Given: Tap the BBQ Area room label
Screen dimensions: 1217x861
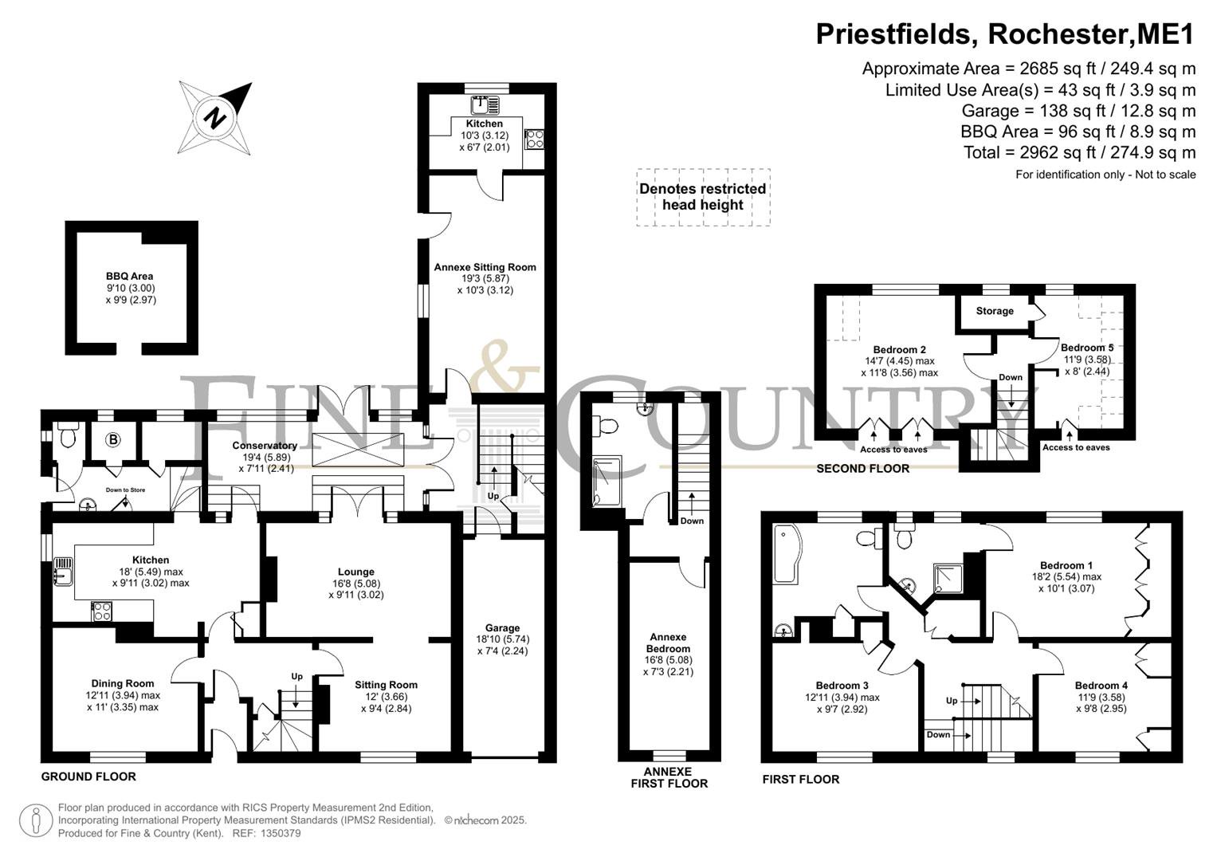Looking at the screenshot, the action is [129, 276].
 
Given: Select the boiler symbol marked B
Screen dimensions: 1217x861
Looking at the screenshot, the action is [113, 439].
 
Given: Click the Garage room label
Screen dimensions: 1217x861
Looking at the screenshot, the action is [503, 628].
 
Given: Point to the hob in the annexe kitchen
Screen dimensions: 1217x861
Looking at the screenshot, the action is [534, 139].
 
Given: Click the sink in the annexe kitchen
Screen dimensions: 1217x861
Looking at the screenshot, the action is [485, 105].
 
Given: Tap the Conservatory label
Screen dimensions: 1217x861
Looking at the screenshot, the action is [265, 446].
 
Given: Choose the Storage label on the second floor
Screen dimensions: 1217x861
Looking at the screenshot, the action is [995, 311].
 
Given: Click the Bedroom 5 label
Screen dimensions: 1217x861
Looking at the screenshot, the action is [1087, 348].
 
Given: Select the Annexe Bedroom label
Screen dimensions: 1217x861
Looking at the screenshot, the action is [668, 643].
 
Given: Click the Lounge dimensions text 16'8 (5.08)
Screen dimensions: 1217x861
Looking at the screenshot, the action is [356, 584].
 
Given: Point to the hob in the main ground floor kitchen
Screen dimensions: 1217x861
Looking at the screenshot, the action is [101, 611].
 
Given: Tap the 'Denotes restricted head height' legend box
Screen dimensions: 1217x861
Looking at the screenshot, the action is [703, 197].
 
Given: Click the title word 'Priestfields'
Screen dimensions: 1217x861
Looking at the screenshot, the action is [893, 33].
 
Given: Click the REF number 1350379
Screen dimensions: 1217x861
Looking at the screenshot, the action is [281, 833].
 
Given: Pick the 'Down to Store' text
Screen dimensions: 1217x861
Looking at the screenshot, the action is [125, 489].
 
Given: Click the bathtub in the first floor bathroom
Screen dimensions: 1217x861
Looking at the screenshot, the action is [786, 553].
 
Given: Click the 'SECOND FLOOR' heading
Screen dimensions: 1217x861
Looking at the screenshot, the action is [863, 469].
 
